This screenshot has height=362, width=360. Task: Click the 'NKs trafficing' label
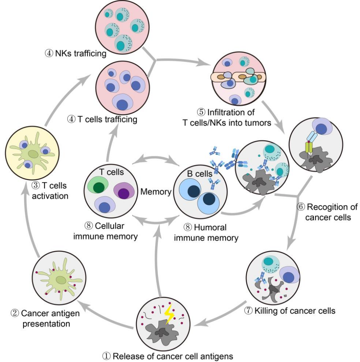(75, 54)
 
